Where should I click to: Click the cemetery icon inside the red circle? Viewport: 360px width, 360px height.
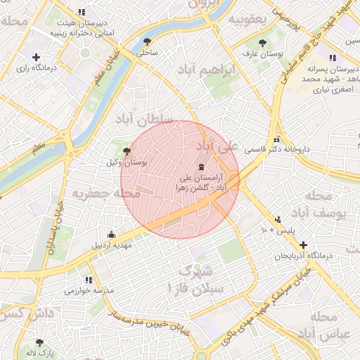pyautogui.click(x=203, y=167)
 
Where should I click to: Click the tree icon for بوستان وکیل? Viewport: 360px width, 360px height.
pyautogui.click(x=127, y=150)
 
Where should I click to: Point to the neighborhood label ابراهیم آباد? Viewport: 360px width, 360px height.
pyautogui.click(x=203, y=70)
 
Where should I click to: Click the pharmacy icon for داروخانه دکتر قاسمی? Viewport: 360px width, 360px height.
pyautogui.click(x=277, y=139)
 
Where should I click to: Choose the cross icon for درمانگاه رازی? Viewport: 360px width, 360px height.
pyautogui.click(x=36, y=56)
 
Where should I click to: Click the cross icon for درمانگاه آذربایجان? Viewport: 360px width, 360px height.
pyautogui.click(x=303, y=245)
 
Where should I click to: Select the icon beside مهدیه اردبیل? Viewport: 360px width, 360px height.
pyautogui.click(x=111, y=234)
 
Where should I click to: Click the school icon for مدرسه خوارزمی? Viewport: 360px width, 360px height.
pyautogui.click(x=88, y=279)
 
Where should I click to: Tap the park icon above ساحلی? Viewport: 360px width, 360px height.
pyautogui.click(x=147, y=41)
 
